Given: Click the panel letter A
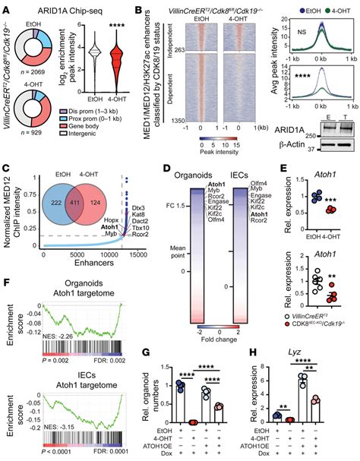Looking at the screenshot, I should click(x=6, y=7).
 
